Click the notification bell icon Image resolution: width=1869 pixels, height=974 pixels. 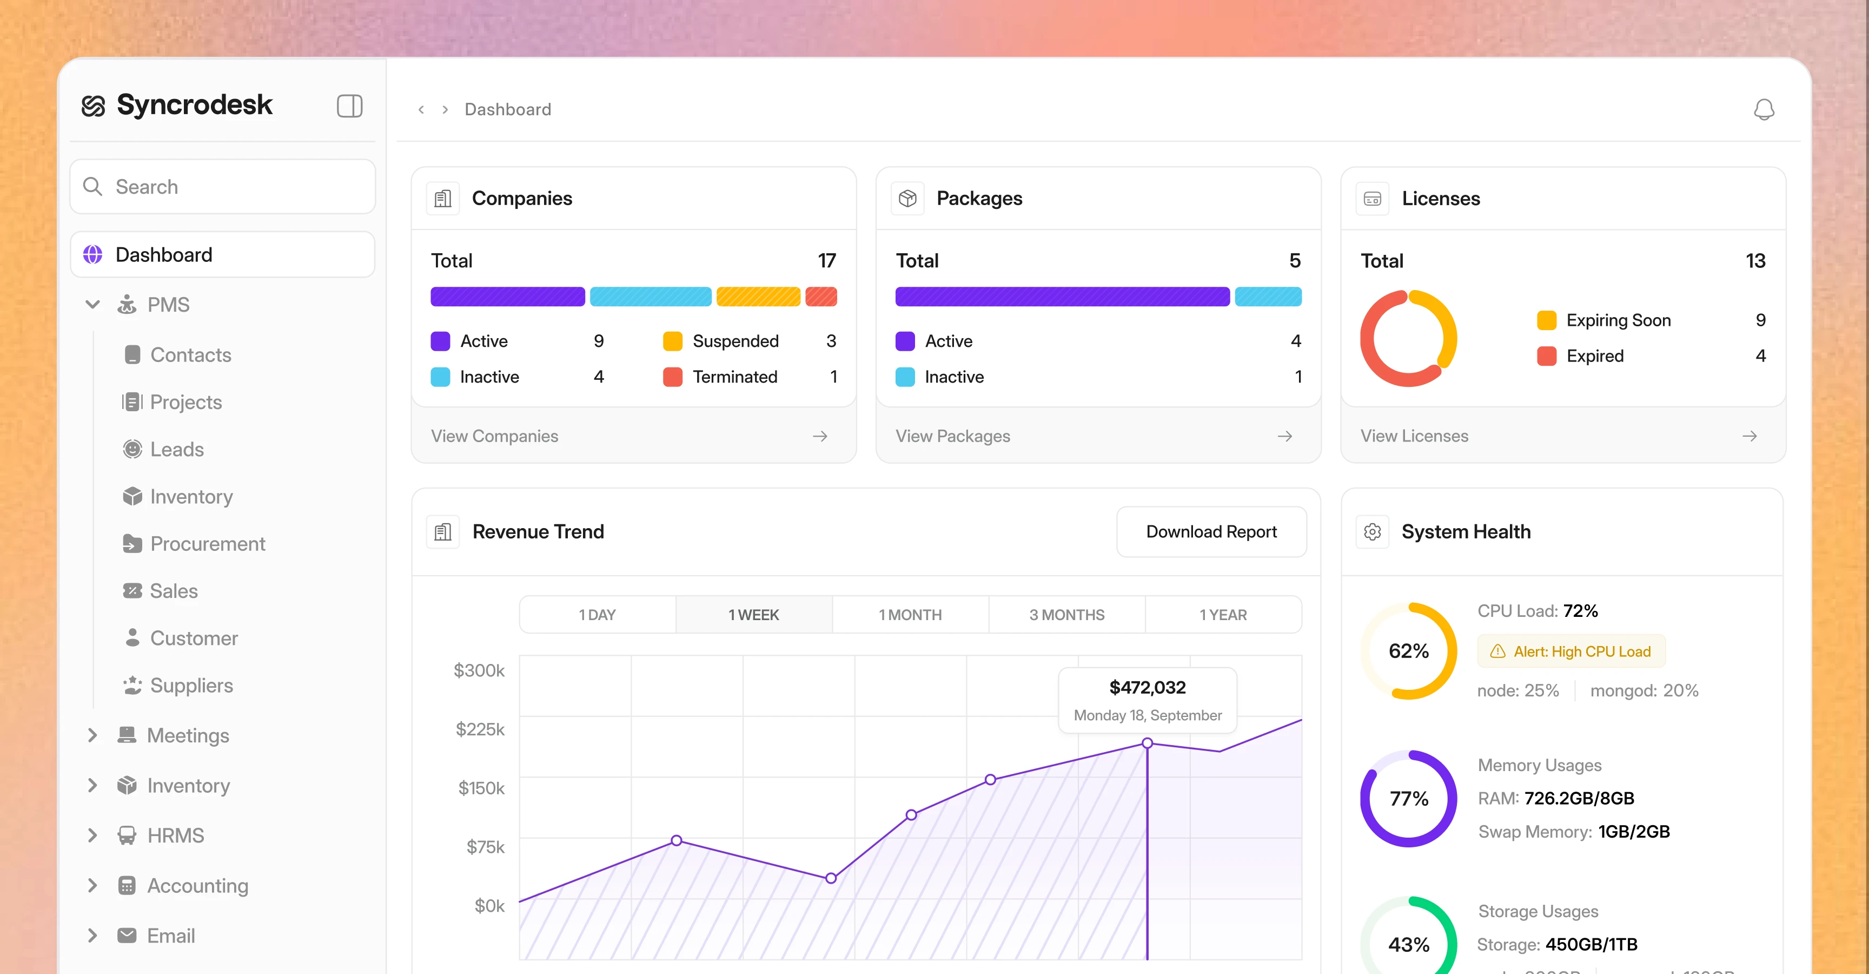(x=1764, y=110)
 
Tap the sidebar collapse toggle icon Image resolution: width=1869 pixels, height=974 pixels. (x=350, y=106)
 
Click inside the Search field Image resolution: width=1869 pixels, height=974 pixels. (x=223, y=187)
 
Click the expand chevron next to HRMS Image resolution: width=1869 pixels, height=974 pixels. (x=92, y=835)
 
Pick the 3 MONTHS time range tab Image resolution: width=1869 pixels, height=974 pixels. (x=1066, y=615)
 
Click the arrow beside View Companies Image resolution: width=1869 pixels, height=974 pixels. (x=820, y=436)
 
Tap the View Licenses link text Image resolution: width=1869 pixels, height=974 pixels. (x=1414, y=436)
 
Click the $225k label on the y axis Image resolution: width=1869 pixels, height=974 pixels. (x=480, y=729)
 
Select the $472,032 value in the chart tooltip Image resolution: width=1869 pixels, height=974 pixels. (x=1148, y=687)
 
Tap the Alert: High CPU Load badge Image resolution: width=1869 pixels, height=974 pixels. (x=1572, y=651)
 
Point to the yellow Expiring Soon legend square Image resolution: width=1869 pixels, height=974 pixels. (x=1547, y=320)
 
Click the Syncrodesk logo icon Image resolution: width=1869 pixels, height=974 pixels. (x=94, y=106)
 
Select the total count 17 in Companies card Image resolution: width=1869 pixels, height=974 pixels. (x=827, y=261)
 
